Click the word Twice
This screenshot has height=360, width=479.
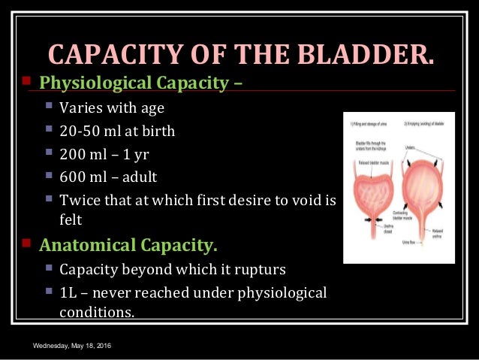78,201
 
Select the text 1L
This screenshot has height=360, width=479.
69,292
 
